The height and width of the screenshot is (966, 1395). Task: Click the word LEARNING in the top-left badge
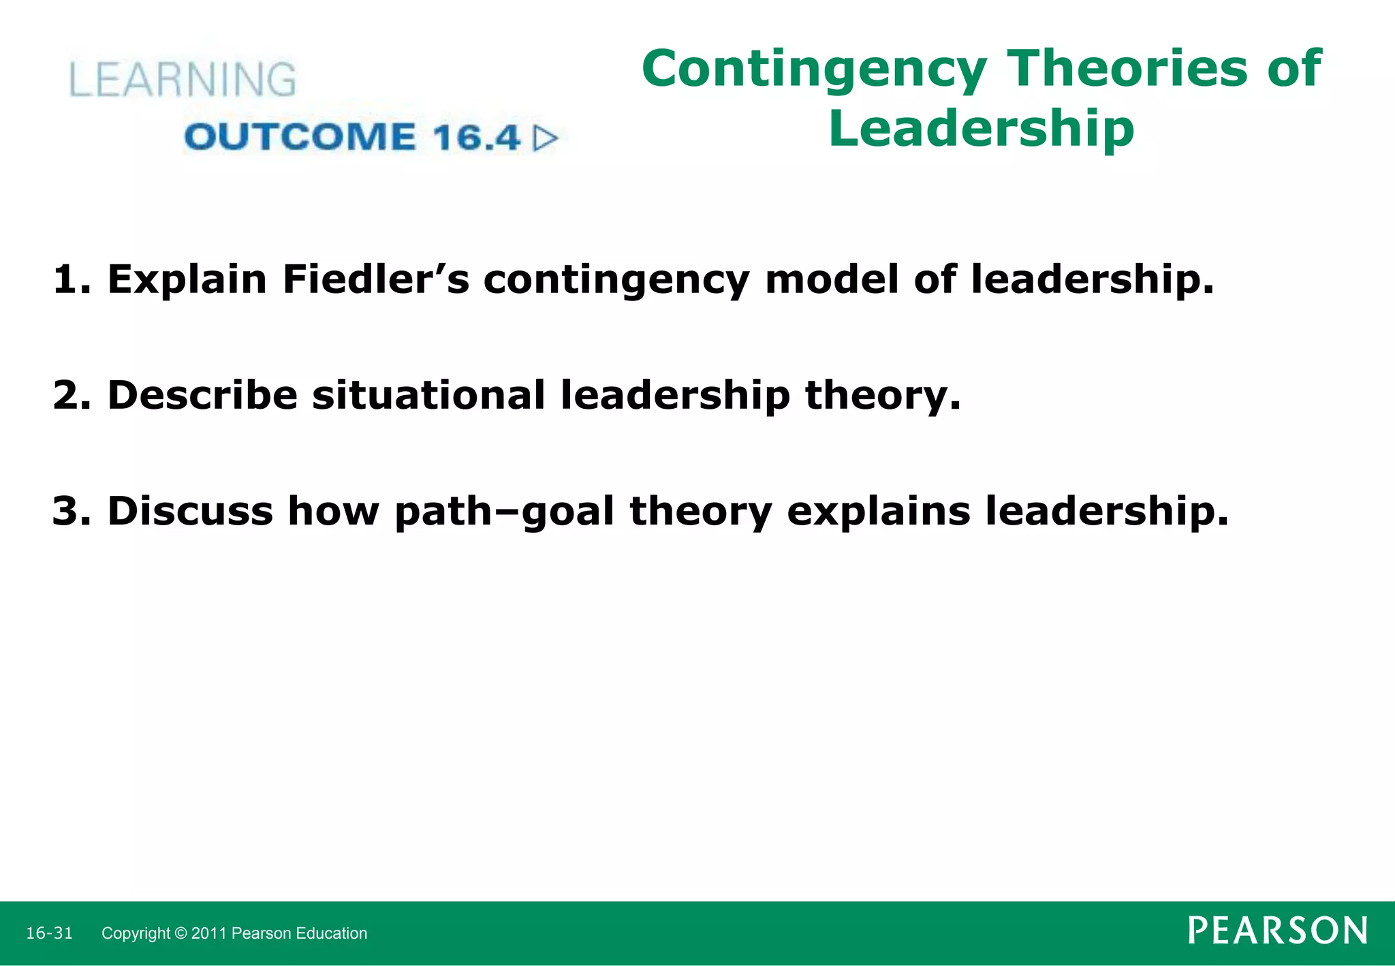pos(183,80)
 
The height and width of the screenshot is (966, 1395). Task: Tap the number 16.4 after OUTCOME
pos(476,137)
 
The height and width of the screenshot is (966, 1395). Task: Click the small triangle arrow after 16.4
pos(545,138)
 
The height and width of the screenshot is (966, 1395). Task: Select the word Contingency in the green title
pos(814,69)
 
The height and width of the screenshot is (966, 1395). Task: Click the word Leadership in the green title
pos(981,128)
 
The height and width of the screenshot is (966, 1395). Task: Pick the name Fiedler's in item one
pos(376,279)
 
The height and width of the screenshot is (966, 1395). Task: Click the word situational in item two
pos(428,395)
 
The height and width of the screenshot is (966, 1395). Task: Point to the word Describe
pos(202,395)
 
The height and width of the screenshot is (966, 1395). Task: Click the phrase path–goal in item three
pos(505,512)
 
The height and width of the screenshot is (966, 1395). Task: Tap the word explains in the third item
pos(878,512)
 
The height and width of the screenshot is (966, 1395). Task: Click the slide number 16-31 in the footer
pos(49,933)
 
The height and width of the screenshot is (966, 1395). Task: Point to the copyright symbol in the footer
pos(180,933)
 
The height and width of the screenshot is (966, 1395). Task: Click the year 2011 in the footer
pos(209,933)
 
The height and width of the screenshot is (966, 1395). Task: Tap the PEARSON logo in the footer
pos(1278,931)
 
